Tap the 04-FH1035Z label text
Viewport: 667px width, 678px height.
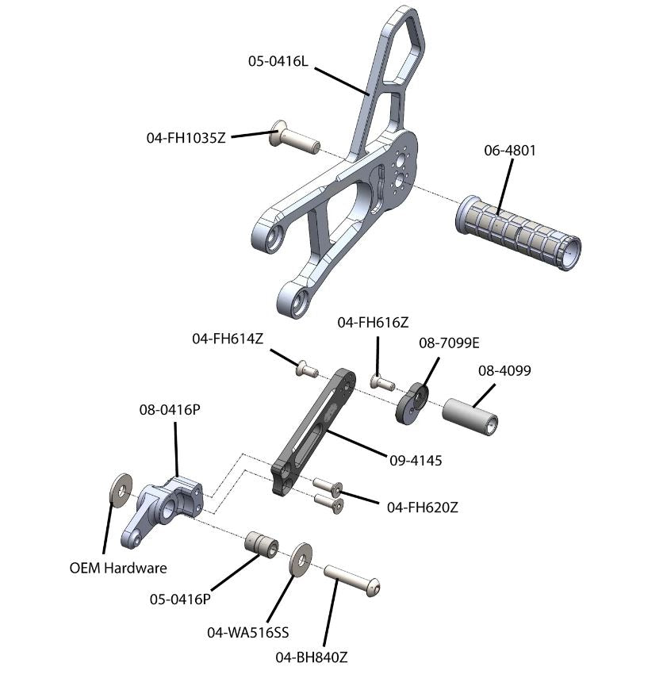186,137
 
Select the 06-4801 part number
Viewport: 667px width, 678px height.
509,150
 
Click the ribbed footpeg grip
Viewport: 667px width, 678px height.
518,232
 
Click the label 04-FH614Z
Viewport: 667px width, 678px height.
228,339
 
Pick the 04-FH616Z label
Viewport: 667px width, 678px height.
373,322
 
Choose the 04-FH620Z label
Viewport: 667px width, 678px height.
422,508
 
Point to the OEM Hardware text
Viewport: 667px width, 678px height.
118,568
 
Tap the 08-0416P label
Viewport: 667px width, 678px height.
169,411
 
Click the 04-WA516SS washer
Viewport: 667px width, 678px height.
301,560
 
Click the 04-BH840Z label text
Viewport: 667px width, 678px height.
312,657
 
